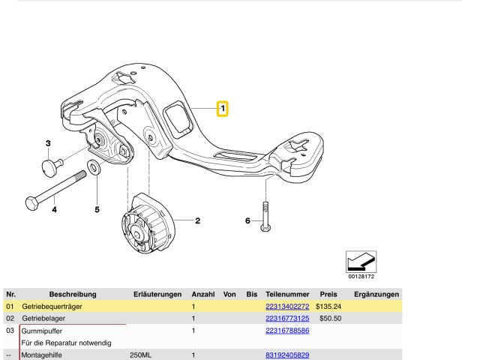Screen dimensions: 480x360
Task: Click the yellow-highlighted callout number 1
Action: pos(223,108)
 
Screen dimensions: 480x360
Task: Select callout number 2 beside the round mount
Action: pos(197,220)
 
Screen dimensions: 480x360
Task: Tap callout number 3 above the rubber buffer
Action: pos(48,143)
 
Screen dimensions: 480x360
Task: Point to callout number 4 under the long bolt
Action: pos(54,210)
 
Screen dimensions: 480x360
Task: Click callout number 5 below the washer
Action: pos(97,210)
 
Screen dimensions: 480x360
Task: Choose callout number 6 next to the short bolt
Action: pos(247,220)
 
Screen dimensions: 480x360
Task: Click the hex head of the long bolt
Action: pos(31,204)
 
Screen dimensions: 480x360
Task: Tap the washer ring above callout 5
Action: pos(93,167)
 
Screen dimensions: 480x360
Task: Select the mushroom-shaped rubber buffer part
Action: pos(52,166)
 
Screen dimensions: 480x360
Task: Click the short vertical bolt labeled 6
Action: pos(265,217)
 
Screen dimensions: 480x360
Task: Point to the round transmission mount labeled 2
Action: pos(148,223)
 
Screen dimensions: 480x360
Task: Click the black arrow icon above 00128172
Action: pos(361,262)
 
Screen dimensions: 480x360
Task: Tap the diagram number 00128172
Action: pos(361,277)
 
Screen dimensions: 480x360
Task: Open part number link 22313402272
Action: pos(287,307)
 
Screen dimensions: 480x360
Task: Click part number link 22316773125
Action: pos(287,318)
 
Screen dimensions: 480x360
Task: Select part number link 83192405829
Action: pos(287,355)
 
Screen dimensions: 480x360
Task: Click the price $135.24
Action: pos(328,307)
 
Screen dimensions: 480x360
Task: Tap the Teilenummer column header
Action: pos(287,295)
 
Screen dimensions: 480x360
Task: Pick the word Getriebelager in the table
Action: pos(43,318)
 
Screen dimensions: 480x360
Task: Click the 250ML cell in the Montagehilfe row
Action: pos(140,355)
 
